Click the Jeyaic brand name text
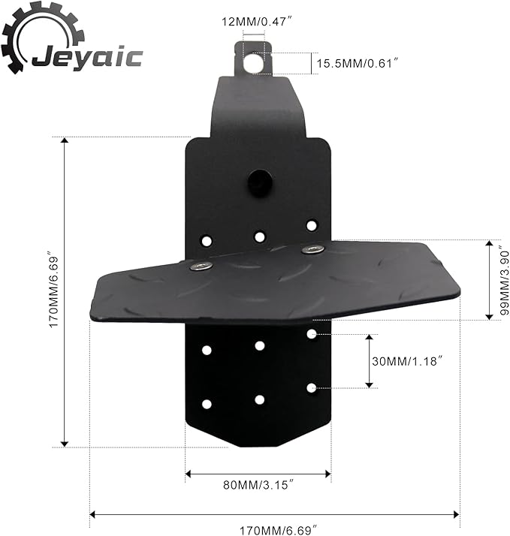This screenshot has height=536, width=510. pyautogui.click(x=87, y=58)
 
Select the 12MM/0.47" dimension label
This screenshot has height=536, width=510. pyautogui.click(x=257, y=22)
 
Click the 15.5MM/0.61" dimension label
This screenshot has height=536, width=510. pyautogui.click(x=358, y=63)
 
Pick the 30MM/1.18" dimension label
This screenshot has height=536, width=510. pyautogui.click(x=407, y=361)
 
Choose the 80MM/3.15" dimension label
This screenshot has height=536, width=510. pyautogui.click(x=258, y=485)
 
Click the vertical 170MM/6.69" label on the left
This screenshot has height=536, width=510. pyautogui.click(x=53, y=290)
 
